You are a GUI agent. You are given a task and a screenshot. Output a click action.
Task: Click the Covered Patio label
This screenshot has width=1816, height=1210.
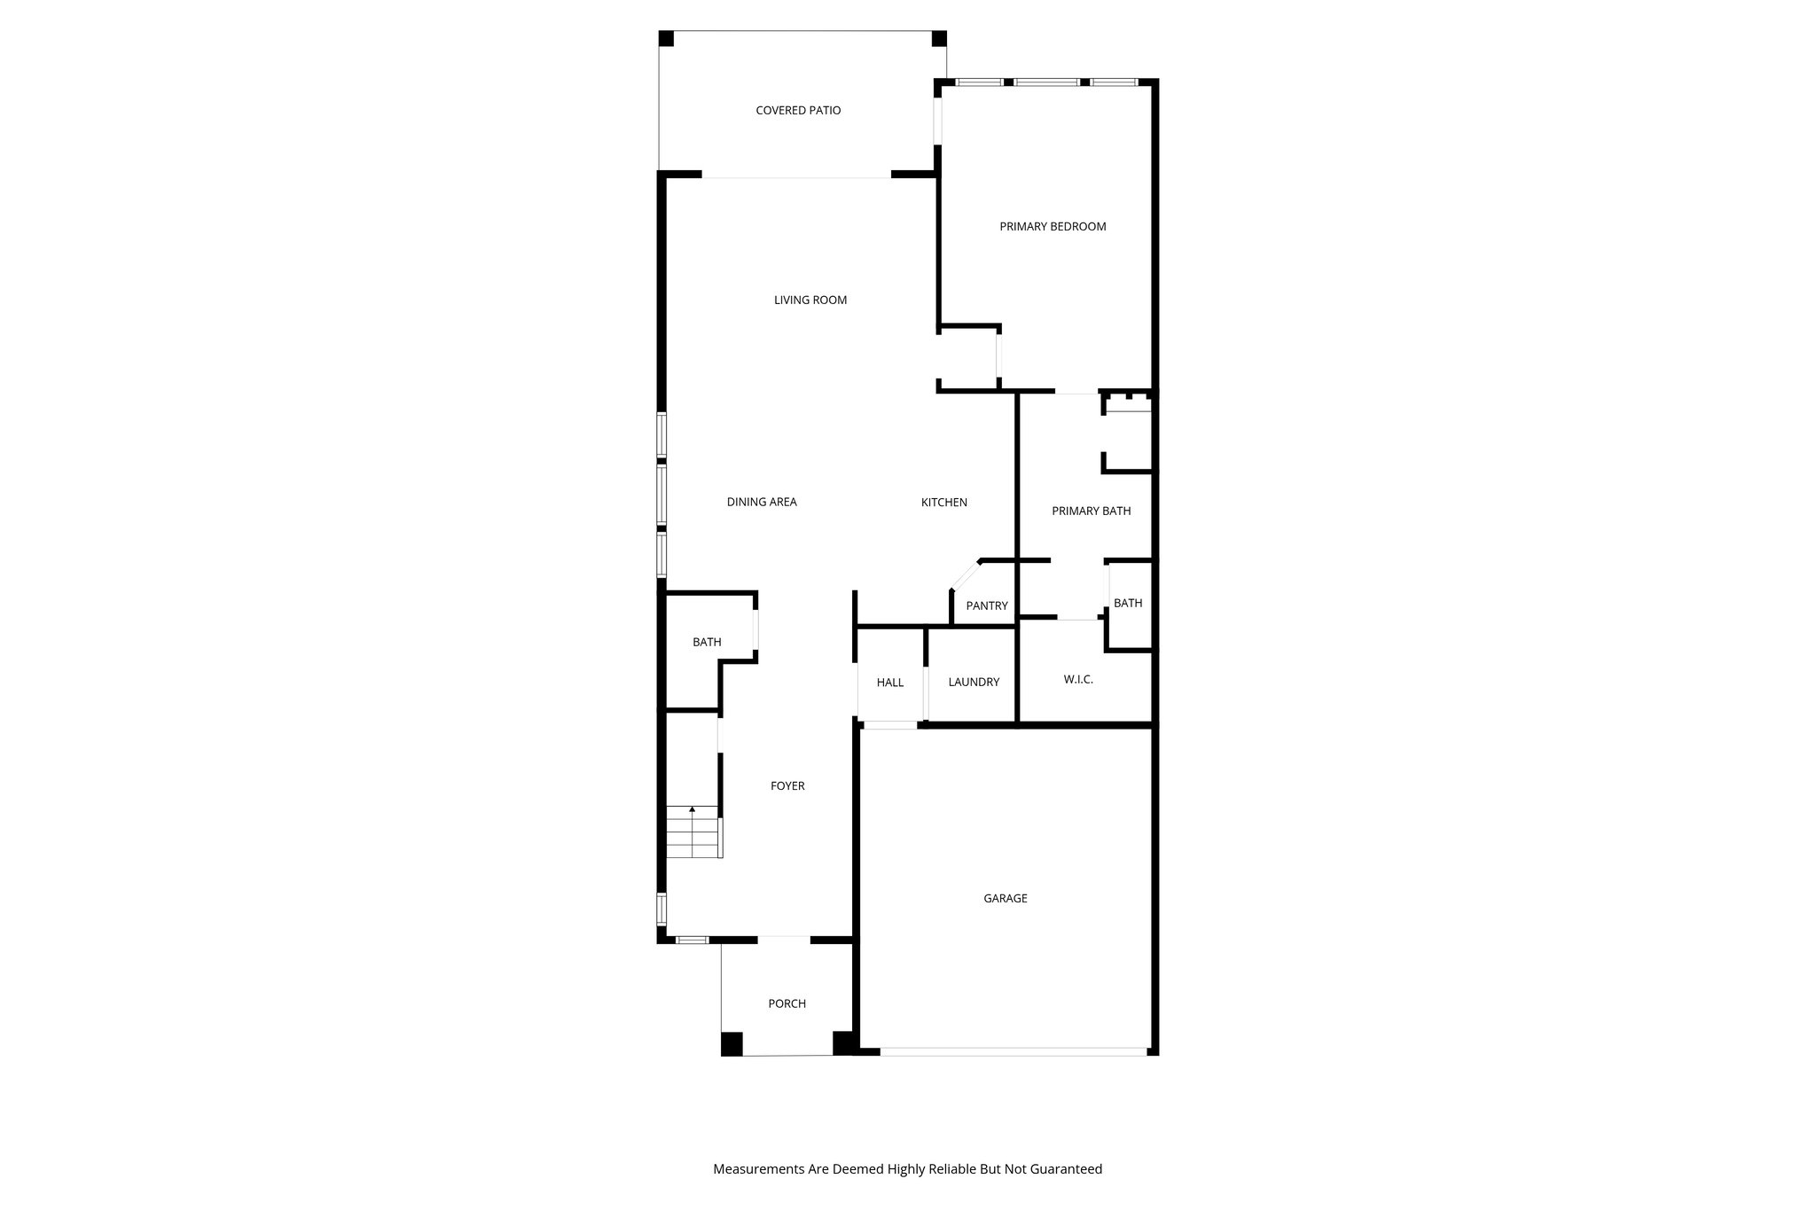(798, 111)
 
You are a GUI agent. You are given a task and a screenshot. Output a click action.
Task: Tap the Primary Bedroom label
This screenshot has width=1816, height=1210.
(1053, 227)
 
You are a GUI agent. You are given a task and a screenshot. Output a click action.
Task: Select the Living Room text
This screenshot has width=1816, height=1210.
(810, 301)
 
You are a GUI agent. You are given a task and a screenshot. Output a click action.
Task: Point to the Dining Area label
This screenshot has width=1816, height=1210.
(762, 503)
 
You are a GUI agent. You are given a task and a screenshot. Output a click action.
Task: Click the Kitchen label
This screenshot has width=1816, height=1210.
(943, 503)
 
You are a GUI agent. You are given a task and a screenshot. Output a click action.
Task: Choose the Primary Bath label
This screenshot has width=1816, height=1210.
(1091, 511)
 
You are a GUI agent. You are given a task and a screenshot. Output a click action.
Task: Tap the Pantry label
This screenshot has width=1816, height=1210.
(987, 606)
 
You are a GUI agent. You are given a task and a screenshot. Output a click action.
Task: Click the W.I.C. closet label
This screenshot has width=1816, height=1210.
(1078, 680)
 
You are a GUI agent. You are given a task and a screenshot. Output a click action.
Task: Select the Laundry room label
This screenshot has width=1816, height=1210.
(974, 683)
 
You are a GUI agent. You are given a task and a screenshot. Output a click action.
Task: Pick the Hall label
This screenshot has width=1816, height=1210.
(890, 683)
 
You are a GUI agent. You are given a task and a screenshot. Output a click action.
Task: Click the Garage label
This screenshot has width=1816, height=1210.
(1005, 899)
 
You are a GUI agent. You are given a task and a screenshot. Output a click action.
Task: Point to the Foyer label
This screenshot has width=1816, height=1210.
(787, 786)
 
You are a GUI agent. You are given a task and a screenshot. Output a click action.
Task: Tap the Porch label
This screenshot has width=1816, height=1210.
(787, 1004)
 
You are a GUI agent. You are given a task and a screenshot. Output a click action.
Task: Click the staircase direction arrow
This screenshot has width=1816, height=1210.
(692, 810)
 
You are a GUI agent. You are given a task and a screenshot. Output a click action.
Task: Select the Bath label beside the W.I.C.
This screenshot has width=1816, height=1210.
(1128, 604)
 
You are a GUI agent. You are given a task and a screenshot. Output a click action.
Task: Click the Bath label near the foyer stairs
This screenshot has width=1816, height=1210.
(707, 643)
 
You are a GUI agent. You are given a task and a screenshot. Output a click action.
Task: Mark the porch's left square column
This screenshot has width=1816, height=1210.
(732, 1044)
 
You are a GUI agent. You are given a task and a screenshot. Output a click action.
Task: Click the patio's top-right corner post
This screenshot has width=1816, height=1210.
(939, 39)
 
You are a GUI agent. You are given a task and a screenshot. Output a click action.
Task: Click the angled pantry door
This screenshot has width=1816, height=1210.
(965, 574)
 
